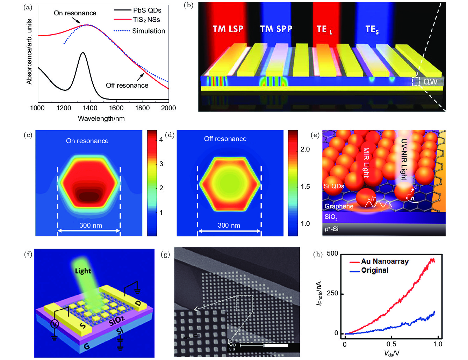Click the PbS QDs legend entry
pyautogui.click(x=147, y=10)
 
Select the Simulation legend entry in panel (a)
pyautogui.click(x=148, y=31)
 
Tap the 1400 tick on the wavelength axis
pyautogui.click(x=90, y=108)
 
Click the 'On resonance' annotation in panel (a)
pyautogui.click(x=75, y=13)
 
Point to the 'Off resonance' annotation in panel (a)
pyautogui.click(x=127, y=86)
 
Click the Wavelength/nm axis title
pyautogui.click(x=101, y=119)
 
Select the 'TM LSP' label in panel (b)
pyautogui.click(x=228, y=29)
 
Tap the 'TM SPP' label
pyautogui.click(x=276, y=29)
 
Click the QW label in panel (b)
pyautogui.click(x=430, y=82)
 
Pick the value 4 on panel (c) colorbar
pyautogui.click(x=161, y=140)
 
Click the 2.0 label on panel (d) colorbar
pyautogui.click(x=305, y=149)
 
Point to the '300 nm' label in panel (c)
pyautogui.click(x=91, y=226)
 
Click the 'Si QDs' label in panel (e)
pyautogui.click(x=334, y=186)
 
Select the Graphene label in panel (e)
pyautogui.click(x=339, y=206)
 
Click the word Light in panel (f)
pyautogui.click(x=83, y=271)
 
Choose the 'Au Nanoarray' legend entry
pyautogui.click(x=384, y=262)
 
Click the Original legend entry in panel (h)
pyautogui.click(x=375, y=270)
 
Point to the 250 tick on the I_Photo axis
pyautogui.click(x=332, y=293)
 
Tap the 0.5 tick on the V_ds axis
pyautogui.click(x=391, y=344)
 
